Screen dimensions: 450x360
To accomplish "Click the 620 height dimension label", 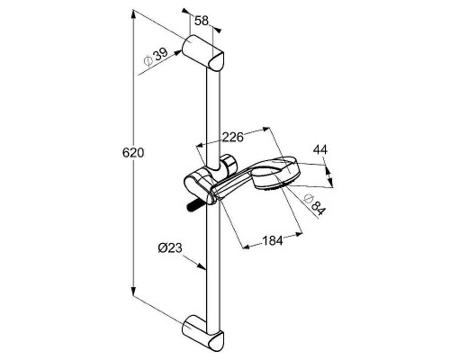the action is coord(133,153).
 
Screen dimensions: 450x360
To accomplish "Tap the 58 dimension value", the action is coord(202,21).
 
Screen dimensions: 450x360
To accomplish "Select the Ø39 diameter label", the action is coord(156,58).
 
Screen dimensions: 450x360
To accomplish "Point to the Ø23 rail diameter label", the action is coord(170,248).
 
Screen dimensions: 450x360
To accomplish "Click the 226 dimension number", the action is coord(232,137).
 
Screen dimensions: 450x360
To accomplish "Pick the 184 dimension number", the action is coord(273,240).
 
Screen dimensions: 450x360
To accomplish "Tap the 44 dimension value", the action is coord(320,149).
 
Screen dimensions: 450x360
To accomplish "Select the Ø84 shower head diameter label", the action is coord(314,205).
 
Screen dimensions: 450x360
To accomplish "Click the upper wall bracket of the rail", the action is coord(203,53).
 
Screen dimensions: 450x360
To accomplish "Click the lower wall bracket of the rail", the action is coord(203,333).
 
